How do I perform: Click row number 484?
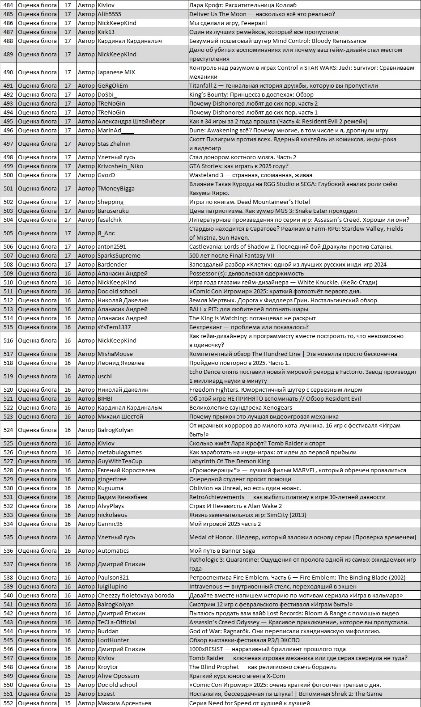coord(8,5)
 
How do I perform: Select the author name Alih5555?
coord(109,14)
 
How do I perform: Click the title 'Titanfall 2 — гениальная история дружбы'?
coord(283,85)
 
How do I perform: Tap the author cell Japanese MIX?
coord(116,72)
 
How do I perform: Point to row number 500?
coord(8,175)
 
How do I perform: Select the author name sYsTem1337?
coord(114,327)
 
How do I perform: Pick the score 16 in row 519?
coord(68,376)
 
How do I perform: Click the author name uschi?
coord(105,376)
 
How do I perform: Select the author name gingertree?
coord(112,479)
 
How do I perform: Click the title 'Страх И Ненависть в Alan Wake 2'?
coord(235,506)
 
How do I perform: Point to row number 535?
coord(8,537)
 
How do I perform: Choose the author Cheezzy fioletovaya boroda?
coord(136,595)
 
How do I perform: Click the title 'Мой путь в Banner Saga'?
coord(222,550)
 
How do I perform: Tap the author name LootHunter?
coord(113,640)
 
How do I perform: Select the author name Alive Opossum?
coord(118,676)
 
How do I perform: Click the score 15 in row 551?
coord(68,694)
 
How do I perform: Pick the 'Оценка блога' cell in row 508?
coord(37,264)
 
